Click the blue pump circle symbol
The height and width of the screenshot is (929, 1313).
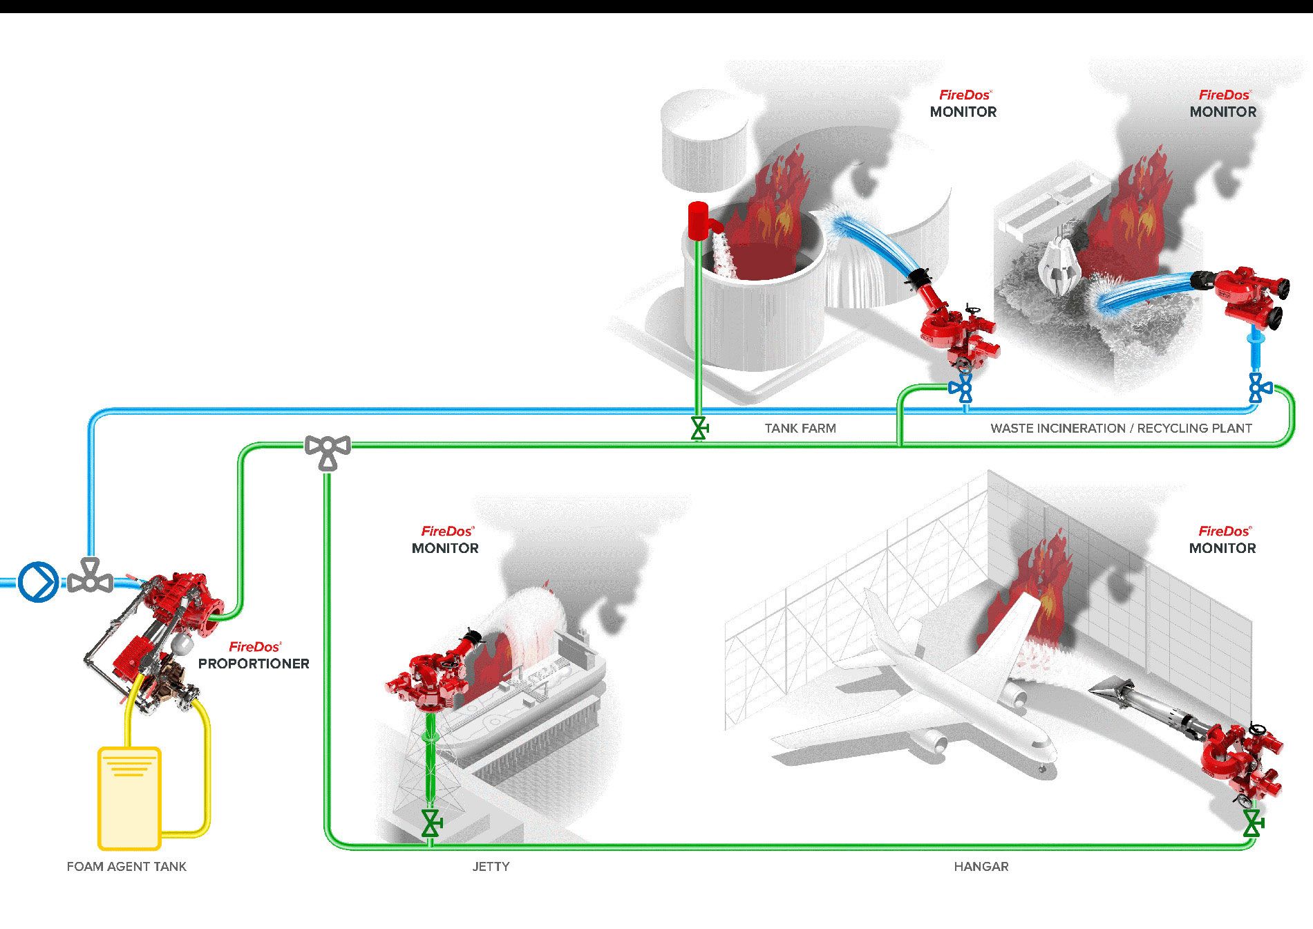point(37,582)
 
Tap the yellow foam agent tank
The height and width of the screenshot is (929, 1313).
point(130,798)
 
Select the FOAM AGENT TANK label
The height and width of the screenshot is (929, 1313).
point(126,866)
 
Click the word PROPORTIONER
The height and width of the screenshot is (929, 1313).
point(254,664)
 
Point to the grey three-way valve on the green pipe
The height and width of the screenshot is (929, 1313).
point(328,451)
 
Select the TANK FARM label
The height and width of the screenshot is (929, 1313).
point(800,429)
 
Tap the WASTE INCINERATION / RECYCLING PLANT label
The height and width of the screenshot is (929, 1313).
point(1121,429)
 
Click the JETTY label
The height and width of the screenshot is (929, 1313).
point(491,866)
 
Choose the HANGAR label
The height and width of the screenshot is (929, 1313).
point(981,866)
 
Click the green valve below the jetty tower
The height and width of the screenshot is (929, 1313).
point(432,823)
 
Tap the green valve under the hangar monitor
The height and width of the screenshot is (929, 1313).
point(1251,823)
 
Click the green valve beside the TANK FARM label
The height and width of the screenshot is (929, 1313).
point(699,429)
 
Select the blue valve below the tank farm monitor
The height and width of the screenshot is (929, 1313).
point(961,388)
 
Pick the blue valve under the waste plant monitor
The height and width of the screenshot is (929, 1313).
point(1260,388)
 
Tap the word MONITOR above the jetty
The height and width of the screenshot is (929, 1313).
point(445,548)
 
